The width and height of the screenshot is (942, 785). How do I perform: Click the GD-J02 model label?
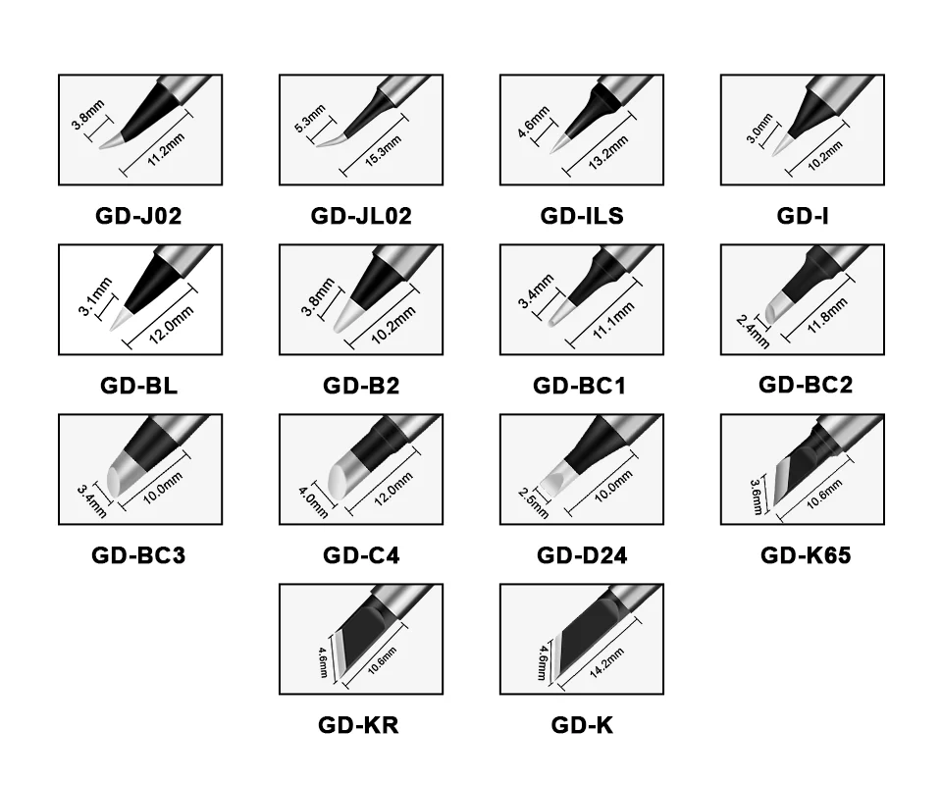tap(138, 216)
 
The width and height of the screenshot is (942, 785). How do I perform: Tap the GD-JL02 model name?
tap(361, 216)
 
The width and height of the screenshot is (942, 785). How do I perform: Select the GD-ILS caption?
tap(582, 216)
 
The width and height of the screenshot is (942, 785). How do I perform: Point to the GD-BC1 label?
tap(579, 386)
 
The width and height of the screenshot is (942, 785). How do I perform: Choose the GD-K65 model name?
tap(806, 555)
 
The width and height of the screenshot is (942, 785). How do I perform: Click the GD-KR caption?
tap(358, 725)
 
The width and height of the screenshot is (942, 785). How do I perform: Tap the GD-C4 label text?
tap(361, 555)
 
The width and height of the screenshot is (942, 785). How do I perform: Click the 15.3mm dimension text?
tap(384, 152)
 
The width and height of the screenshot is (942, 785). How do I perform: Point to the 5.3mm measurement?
tap(310, 119)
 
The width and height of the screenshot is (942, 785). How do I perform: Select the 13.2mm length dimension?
tap(608, 152)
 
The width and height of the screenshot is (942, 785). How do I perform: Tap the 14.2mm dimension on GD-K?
tap(606, 663)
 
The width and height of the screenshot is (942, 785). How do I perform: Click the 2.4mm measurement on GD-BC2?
tap(753, 332)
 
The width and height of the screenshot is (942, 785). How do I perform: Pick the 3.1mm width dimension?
tap(95, 296)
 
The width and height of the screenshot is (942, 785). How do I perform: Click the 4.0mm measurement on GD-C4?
tap(314, 502)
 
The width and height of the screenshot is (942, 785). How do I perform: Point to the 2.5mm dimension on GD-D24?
tap(534, 502)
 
